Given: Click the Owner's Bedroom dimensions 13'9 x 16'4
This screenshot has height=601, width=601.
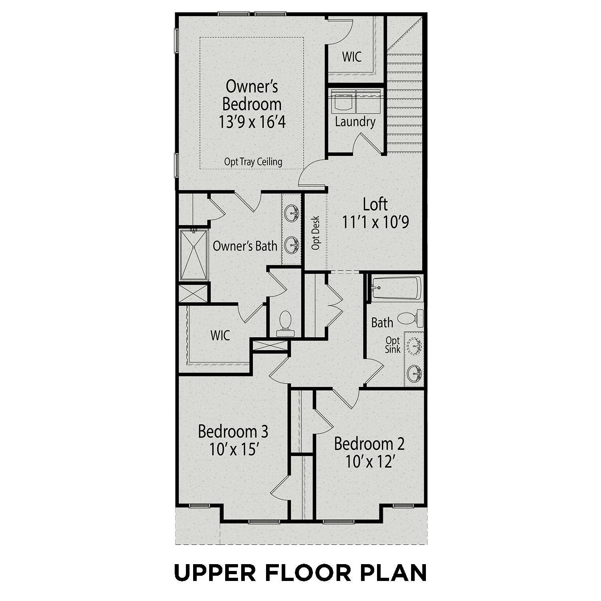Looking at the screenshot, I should pos(252,122).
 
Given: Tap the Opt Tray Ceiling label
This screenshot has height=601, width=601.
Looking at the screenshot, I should pos(253,162).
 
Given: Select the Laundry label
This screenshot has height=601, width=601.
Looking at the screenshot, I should pos(355,122).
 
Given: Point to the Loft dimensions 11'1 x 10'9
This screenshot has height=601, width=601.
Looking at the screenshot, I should pos(375,222).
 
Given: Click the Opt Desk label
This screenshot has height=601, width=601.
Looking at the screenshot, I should pos(316,233).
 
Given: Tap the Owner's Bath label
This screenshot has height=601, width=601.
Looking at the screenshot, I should pos(245,246).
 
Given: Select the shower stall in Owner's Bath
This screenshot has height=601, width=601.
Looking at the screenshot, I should pos(194,255).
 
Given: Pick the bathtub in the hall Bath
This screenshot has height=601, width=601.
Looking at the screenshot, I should pos(396,288).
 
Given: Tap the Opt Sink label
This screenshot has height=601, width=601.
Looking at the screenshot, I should pos(393,345).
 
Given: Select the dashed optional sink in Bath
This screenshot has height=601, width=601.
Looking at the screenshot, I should pos(414,345).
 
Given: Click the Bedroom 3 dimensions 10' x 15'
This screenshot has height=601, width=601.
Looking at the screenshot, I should pos(233,450).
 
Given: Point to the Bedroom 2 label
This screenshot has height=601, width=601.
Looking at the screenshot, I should pos(369,444).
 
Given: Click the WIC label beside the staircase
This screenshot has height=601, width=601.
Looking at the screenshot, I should pos(352,57).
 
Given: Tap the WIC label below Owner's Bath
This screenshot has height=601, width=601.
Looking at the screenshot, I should pos(220,335).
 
